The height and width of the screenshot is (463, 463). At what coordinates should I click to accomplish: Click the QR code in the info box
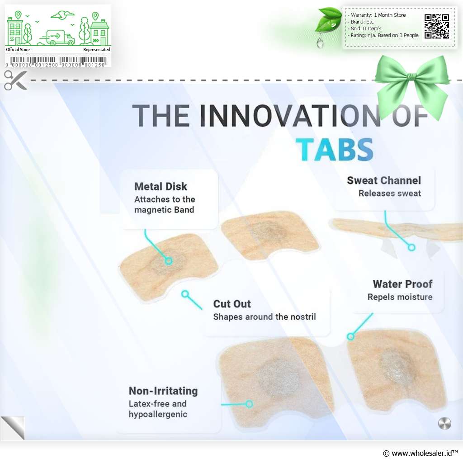pyautogui.click(x=437, y=26)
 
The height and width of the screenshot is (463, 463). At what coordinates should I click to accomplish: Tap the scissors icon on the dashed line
pyautogui.click(x=16, y=80)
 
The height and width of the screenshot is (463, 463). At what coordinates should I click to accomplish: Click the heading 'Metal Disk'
pyautogui.click(x=161, y=186)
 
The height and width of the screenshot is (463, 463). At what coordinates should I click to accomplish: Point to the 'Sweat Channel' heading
pyautogui.click(x=384, y=180)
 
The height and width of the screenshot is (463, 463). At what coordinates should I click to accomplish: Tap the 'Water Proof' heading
pyautogui.click(x=402, y=284)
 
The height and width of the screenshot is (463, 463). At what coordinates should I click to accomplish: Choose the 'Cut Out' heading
pyautogui.click(x=232, y=303)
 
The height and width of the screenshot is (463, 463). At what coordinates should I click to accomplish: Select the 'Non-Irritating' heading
pyautogui.click(x=163, y=391)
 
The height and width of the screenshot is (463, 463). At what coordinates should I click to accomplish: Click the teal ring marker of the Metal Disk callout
pyautogui.click(x=168, y=261)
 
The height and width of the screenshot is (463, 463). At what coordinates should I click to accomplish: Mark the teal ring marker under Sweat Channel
pyautogui.click(x=411, y=247)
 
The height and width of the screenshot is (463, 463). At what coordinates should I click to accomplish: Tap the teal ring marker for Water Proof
pyautogui.click(x=350, y=336)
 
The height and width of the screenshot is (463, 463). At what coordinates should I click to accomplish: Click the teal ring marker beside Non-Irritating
pyautogui.click(x=249, y=404)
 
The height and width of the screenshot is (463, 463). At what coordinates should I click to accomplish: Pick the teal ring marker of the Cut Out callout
pyautogui.click(x=185, y=294)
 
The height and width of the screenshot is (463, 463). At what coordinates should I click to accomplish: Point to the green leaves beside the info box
pyautogui.click(x=328, y=21)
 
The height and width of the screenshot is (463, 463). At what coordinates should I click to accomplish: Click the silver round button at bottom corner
pyautogui.click(x=444, y=423)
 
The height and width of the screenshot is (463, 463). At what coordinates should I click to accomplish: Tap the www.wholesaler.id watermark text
pyautogui.click(x=420, y=453)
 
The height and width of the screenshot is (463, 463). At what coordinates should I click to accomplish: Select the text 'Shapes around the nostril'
pyautogui.click(x=265, y=317)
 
